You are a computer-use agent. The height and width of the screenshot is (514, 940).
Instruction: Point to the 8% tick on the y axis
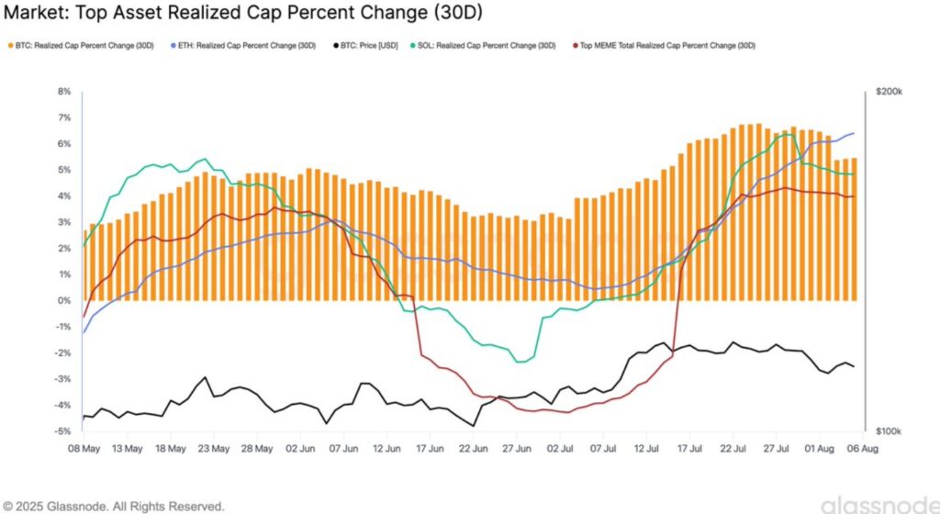point(64,92)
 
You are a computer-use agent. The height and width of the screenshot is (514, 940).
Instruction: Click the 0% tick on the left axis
point(64,301)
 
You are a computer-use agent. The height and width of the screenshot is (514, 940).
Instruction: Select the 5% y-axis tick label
point(64,170)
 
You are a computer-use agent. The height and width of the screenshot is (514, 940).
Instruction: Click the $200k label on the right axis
point(890,92)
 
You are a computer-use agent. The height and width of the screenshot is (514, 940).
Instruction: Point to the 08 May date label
point(84,450)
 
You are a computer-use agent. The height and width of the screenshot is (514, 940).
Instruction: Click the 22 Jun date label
point(474,450)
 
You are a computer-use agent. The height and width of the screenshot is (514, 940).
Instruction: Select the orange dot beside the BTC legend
point(10,44)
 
